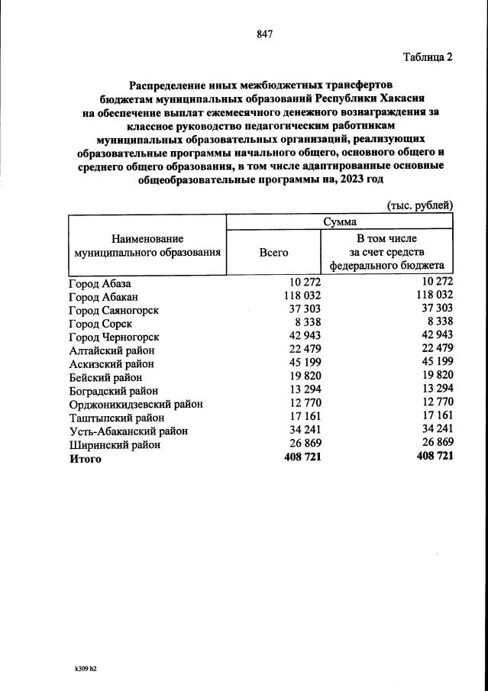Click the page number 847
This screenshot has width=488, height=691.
point(265,34)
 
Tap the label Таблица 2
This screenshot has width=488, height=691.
point(428,57)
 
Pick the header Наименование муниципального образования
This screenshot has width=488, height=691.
point(147,244)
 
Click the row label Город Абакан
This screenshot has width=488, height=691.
point(104,296)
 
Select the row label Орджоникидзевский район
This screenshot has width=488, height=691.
point(136,404)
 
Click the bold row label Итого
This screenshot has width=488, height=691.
point(85,459)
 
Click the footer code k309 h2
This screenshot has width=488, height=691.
point(86,667)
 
